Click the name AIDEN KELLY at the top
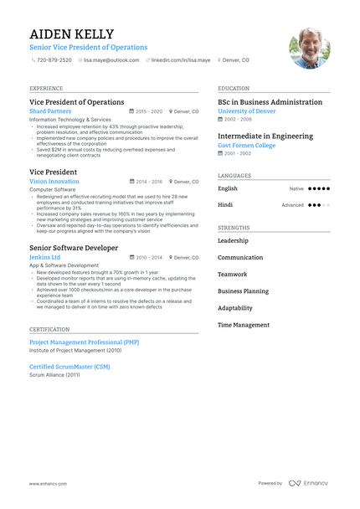pyautogui.click(x=71, y=33)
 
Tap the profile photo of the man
pyautogui.click(x=309, y=48)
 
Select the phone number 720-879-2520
pyautogui.click(x=54, y=60)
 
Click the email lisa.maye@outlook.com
pyautogui.click(x=112, y=60)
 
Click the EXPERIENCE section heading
pyautogui.click(x=46, y=88)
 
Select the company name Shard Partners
pyautogui.click(x=50, y=111)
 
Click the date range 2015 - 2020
pyautogui.click(x=148, y=111)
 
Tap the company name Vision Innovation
pyautogui.click(x=54, y=181)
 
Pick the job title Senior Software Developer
pyautogui.click(x=74, y=248)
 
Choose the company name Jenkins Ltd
pyautogui.click(x=44, y=258)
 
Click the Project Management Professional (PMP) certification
pyautogui.click(x=84, y=342)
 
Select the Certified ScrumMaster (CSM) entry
pyautogui.click(x=69, y=367)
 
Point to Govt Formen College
pyautogui.click(x=246, y=145)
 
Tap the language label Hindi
pyautogui.click(x=225, y=204)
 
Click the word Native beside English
pyautogui.click(x=296, y=189)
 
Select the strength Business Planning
pyautogui.click(x=244, y=291)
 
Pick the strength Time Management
pyautogui.click(x=244, y=325)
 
